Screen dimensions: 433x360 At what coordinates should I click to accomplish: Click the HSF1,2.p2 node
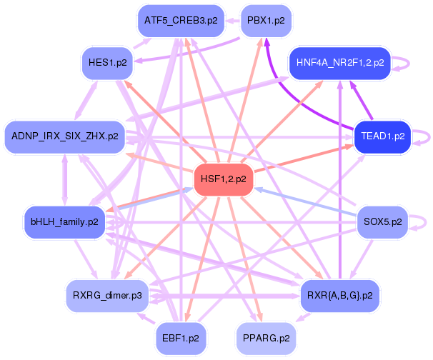[x=224, y=179]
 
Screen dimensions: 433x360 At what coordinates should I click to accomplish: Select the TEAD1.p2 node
[x=383, y=136]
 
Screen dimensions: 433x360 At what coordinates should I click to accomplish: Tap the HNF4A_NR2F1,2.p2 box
[x=339, y=63]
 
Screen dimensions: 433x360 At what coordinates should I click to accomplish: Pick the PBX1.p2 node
[x=265, y=21]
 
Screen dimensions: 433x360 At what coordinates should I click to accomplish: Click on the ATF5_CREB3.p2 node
[x=181, y=21]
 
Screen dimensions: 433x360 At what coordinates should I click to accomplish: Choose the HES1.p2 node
[x=108, y=62]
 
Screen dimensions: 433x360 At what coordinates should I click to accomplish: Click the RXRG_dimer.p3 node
[x=107, y=294]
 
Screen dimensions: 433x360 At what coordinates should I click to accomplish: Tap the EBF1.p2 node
[x=181, y=336]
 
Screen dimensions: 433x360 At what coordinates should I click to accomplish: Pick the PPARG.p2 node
[x=265, y=336]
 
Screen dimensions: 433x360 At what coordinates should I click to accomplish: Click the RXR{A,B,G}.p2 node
[x=339, y=294]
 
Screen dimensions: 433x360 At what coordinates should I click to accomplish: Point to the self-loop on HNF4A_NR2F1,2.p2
[x=407, y=63]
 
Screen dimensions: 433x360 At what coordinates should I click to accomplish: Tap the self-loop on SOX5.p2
[x=424, y=222]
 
